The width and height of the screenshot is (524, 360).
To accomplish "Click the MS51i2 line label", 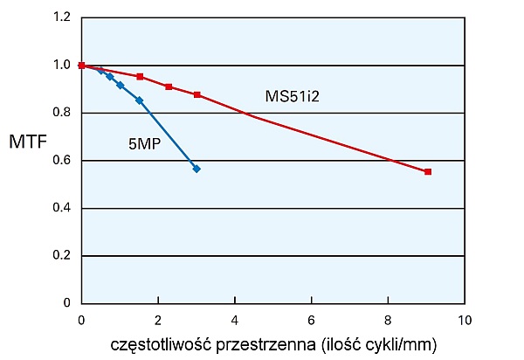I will pyautogui.click(x=293, y=95).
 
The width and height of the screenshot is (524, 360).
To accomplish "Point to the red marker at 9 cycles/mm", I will pyautogui.click(x=428, y=172).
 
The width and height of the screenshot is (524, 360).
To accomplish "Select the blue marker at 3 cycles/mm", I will pyautogui.click(x=196, y=169).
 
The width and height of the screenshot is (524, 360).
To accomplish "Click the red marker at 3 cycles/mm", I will pyautogui.click(x=197, y=94).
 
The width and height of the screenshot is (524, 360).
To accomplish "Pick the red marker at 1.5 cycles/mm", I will pyautogui.click(x=140, y=77).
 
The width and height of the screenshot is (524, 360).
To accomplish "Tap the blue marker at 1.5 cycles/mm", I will pyautogui.click(x=139, y=100).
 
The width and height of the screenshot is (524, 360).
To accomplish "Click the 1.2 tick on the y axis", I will pyautogui.click(x=61, y=17).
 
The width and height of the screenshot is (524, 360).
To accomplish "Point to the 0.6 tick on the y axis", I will pyautogui.click(x=61, y=161).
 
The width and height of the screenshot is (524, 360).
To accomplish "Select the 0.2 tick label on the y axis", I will pyautogui.click(x=61, y=256).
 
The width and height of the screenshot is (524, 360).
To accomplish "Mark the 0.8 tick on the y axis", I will pyautogui.click(x=61, y=113).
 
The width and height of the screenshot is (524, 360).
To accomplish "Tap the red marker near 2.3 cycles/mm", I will pyautogui.click(x=169, y=87).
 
